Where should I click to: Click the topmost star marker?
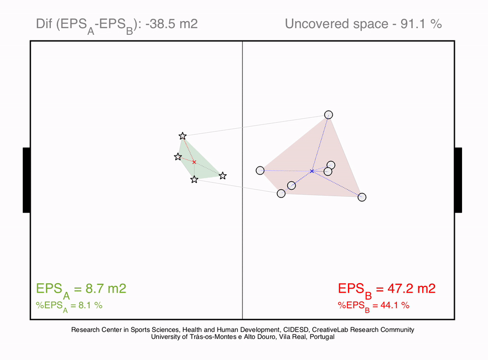pos(183,136)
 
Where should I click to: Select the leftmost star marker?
pos(178,157)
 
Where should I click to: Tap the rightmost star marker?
pos(222,176)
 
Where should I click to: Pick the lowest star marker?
pos(194,180)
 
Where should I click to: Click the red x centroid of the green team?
pos(194,162)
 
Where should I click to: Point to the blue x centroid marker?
pos(312,171)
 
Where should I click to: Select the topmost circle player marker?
pos(328,115)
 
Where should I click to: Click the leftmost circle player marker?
pos(260,170)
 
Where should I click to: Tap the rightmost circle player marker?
pos(362,197)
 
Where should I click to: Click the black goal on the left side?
pos(27,180)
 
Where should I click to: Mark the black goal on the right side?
pos(458,180)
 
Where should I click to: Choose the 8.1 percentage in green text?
pos(85,306)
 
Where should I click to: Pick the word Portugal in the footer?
pos(322,337)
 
